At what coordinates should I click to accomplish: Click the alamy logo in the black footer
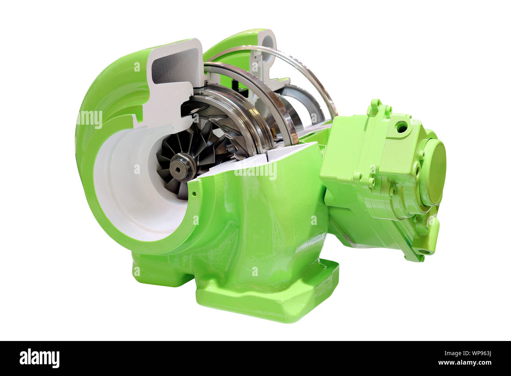pyautogui.click(x=39, y=358)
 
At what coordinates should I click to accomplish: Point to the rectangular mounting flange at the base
pyautogui.click(x=267, y=299)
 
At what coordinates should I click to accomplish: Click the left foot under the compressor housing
pyautogui.click(x=157, y=271)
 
